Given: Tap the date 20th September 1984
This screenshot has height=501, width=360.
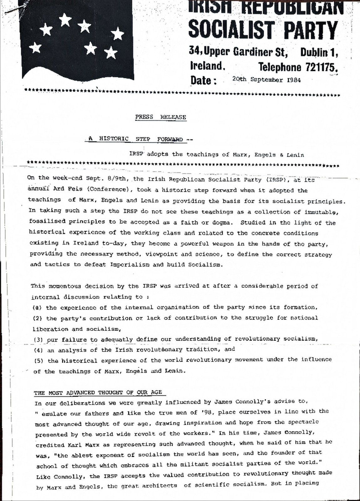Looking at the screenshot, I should point(266,80).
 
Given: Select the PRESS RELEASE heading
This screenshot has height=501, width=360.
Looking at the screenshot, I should point(161,117).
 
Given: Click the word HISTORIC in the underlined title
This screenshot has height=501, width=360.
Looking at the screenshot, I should point(114,139).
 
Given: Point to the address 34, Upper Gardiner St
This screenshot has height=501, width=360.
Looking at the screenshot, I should point(238,51).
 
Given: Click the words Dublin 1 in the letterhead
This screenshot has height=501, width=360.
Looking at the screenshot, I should point(319,52).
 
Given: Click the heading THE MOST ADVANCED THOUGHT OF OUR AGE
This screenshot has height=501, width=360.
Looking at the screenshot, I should point(98,393).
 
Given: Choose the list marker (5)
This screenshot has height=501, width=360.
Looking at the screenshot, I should point(39,361).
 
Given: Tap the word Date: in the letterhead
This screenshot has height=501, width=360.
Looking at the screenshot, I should point(203,80).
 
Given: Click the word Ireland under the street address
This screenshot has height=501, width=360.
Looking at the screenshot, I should point(207,66).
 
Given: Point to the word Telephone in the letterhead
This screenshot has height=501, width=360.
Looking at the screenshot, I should point(280,67).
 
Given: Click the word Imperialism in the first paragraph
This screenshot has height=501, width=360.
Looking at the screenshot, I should point(130,265).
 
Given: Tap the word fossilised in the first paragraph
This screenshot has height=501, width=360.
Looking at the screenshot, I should point(47,221).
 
